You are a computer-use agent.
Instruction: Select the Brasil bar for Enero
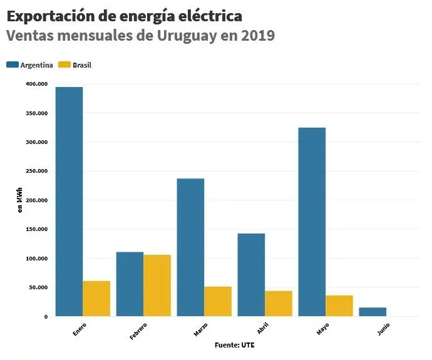[x=96, y=299]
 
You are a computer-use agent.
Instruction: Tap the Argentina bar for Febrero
[x=130, y=284]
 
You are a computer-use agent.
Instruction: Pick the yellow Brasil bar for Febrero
[x=157, y=285]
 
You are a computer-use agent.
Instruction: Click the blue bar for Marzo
[x=190, y=247]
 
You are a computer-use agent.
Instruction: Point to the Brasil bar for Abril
[x=279, y=304]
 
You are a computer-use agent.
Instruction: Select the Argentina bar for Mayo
[x=312, y=222]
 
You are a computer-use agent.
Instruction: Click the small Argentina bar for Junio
[x=373, y=312]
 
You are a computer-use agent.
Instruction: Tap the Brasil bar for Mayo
[x=339, y=306]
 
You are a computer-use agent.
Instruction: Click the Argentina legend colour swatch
[x=13, y=64]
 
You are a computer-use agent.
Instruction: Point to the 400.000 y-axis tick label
[x=36, y=84]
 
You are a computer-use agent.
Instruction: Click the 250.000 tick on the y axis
[x=36, y=171]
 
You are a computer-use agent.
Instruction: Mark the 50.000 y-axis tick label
[x=38, y=287]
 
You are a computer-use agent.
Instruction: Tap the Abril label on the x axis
[x=263, y=330]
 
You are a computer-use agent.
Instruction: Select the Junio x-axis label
[x=384, y=330]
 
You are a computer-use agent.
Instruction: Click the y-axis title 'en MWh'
[x=20, y=200]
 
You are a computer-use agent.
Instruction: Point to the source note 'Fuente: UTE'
[x=235, y=345]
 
